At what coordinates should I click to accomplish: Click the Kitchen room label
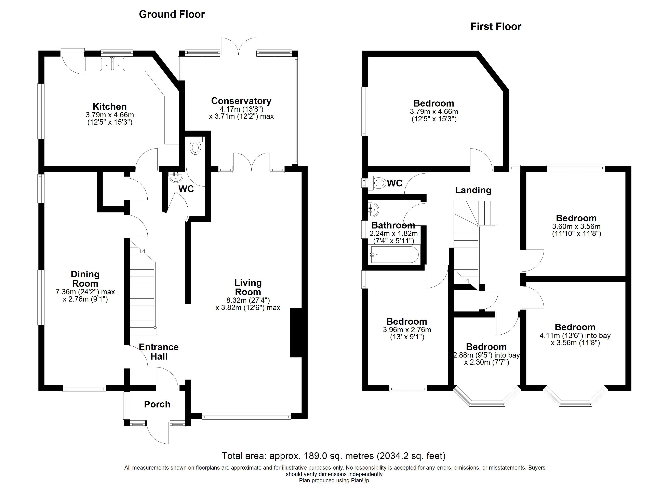click(x=110, y=107)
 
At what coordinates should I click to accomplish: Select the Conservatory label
click(x=241, y=101)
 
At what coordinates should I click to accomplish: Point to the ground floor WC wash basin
click(x=176, y=177)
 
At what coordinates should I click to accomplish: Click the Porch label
click(x=157, y=404)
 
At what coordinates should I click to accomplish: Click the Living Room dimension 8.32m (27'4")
click(x=248, y=300)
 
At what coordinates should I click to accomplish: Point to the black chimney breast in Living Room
click(x=296, y=333)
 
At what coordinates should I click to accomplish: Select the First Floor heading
click(x=496, y=27)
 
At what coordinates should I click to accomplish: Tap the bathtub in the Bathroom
click(x=394, y=255)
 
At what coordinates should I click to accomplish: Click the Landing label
click(x=473, y=190)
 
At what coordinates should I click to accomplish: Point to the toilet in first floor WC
click(x=379, y=183)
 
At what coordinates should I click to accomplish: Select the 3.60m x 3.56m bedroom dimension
click(x=576, y=226)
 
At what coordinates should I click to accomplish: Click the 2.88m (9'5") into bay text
click(x=486, y=355)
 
